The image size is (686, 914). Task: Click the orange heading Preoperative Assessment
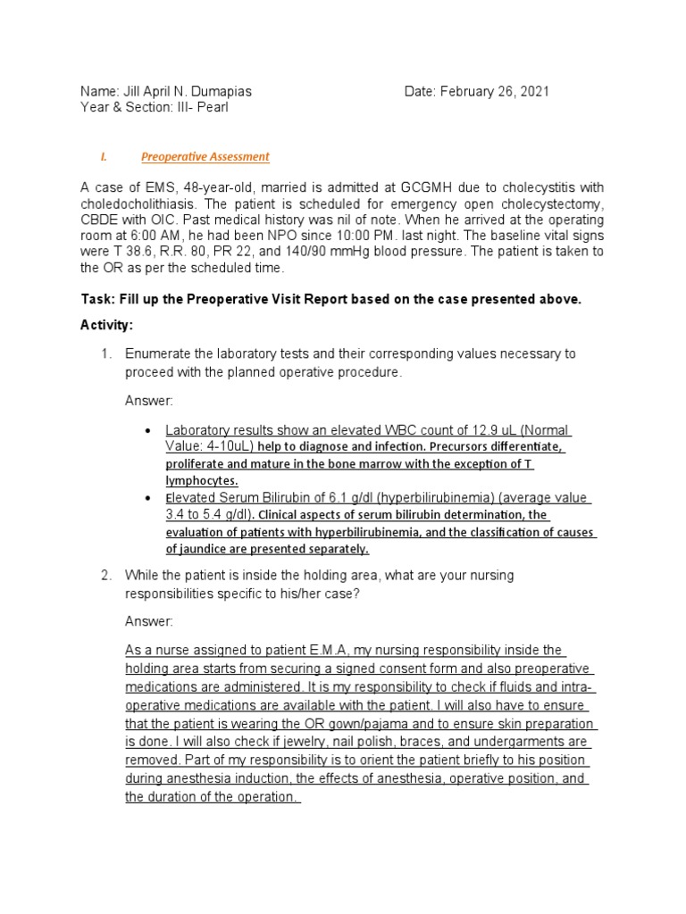pyautogui.click(x=205, y=157)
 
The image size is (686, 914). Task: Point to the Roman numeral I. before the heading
pyautogui.click(x=104, y=157)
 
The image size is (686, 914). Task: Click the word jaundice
pyautogui.click(x=191, y=548)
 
